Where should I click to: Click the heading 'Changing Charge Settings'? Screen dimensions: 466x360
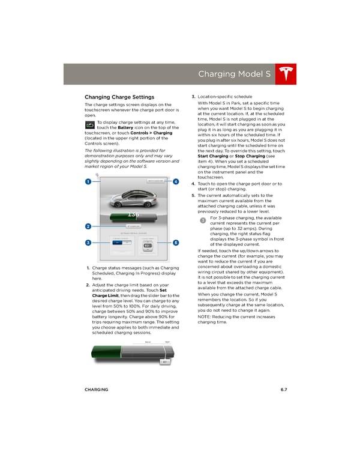click(x=119, y=97)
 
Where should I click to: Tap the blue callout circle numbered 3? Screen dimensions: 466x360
click(x=88, y=242)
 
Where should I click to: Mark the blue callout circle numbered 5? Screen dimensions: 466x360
click(x=175, y=242)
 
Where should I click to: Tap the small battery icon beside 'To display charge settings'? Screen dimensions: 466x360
click(x=89, y=126)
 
